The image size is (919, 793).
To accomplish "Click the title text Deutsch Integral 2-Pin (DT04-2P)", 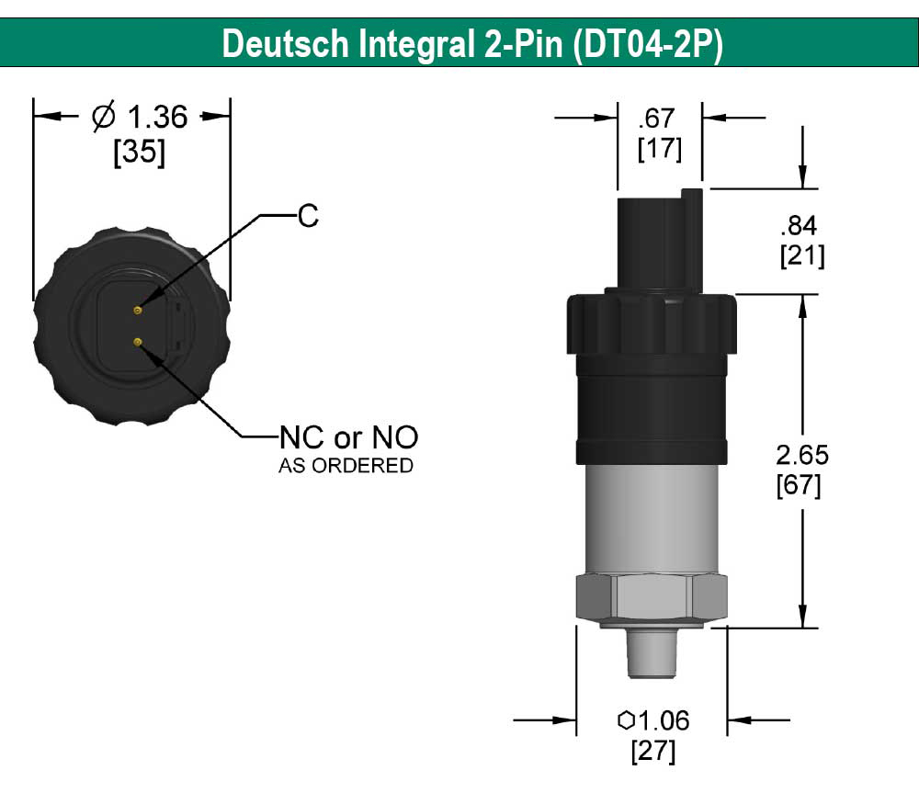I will pyautogui.click(x=471, y=44).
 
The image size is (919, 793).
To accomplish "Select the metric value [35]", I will pyautogui.click(x=139, y=153).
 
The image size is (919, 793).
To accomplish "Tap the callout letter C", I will pyautogui.click(x=308, y=216).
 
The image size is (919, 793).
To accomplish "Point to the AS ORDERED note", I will pyautogui.click(x=346, y=466).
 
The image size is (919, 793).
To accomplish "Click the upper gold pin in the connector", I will pyautogui.click(x=137, y=311).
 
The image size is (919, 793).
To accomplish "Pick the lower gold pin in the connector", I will pyautogui.click(x=137, y=343).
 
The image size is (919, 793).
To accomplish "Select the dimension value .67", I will pyautogui.click(x=660, y=118).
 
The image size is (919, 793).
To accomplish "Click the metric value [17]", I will pyautogui.click(x=660, y=149).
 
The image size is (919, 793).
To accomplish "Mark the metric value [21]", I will pyautogui.click(x=801, y=256).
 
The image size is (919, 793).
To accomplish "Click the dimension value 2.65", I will pyautogui.click(x=801, y=454).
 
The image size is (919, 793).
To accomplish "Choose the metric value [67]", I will pyautogui.click(x=801, y=485).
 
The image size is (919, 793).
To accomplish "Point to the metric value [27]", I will pyautogui.click(x=652, y=752).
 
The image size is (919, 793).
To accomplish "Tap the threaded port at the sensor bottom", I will pyautogui.click(x=651, y=654).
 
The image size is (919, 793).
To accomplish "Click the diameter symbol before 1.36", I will pyautogui.click(x=104, y=117).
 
